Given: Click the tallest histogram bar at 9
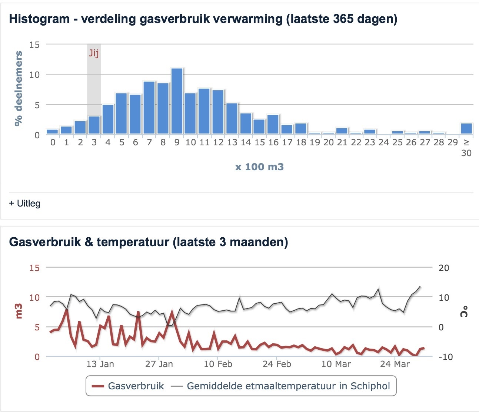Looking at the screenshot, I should tap(177, 101).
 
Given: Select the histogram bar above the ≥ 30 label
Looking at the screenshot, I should tap(466, 128).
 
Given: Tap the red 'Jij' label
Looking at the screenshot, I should tap(94, 53).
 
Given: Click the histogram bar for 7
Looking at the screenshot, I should tap(149, 108).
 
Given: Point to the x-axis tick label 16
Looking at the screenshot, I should tap(273, 142).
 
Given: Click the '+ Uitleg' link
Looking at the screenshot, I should tap(25, 203).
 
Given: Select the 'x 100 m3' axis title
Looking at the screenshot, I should tap(259, 167).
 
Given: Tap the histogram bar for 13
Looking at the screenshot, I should tap(232, 118).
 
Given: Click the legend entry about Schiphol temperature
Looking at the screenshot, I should tap(281, 386).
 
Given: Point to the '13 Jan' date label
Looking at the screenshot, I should tap(100, 364).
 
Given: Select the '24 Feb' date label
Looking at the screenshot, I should tap(277, 364).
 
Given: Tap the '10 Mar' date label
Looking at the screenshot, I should tap(336, 364).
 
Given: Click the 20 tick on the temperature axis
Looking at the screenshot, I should tap(443, 268).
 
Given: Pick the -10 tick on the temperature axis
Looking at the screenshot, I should tap(445, 357).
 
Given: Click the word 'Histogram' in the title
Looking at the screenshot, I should tap(39, 19).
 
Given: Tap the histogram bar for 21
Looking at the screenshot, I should tap(342, 131).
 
